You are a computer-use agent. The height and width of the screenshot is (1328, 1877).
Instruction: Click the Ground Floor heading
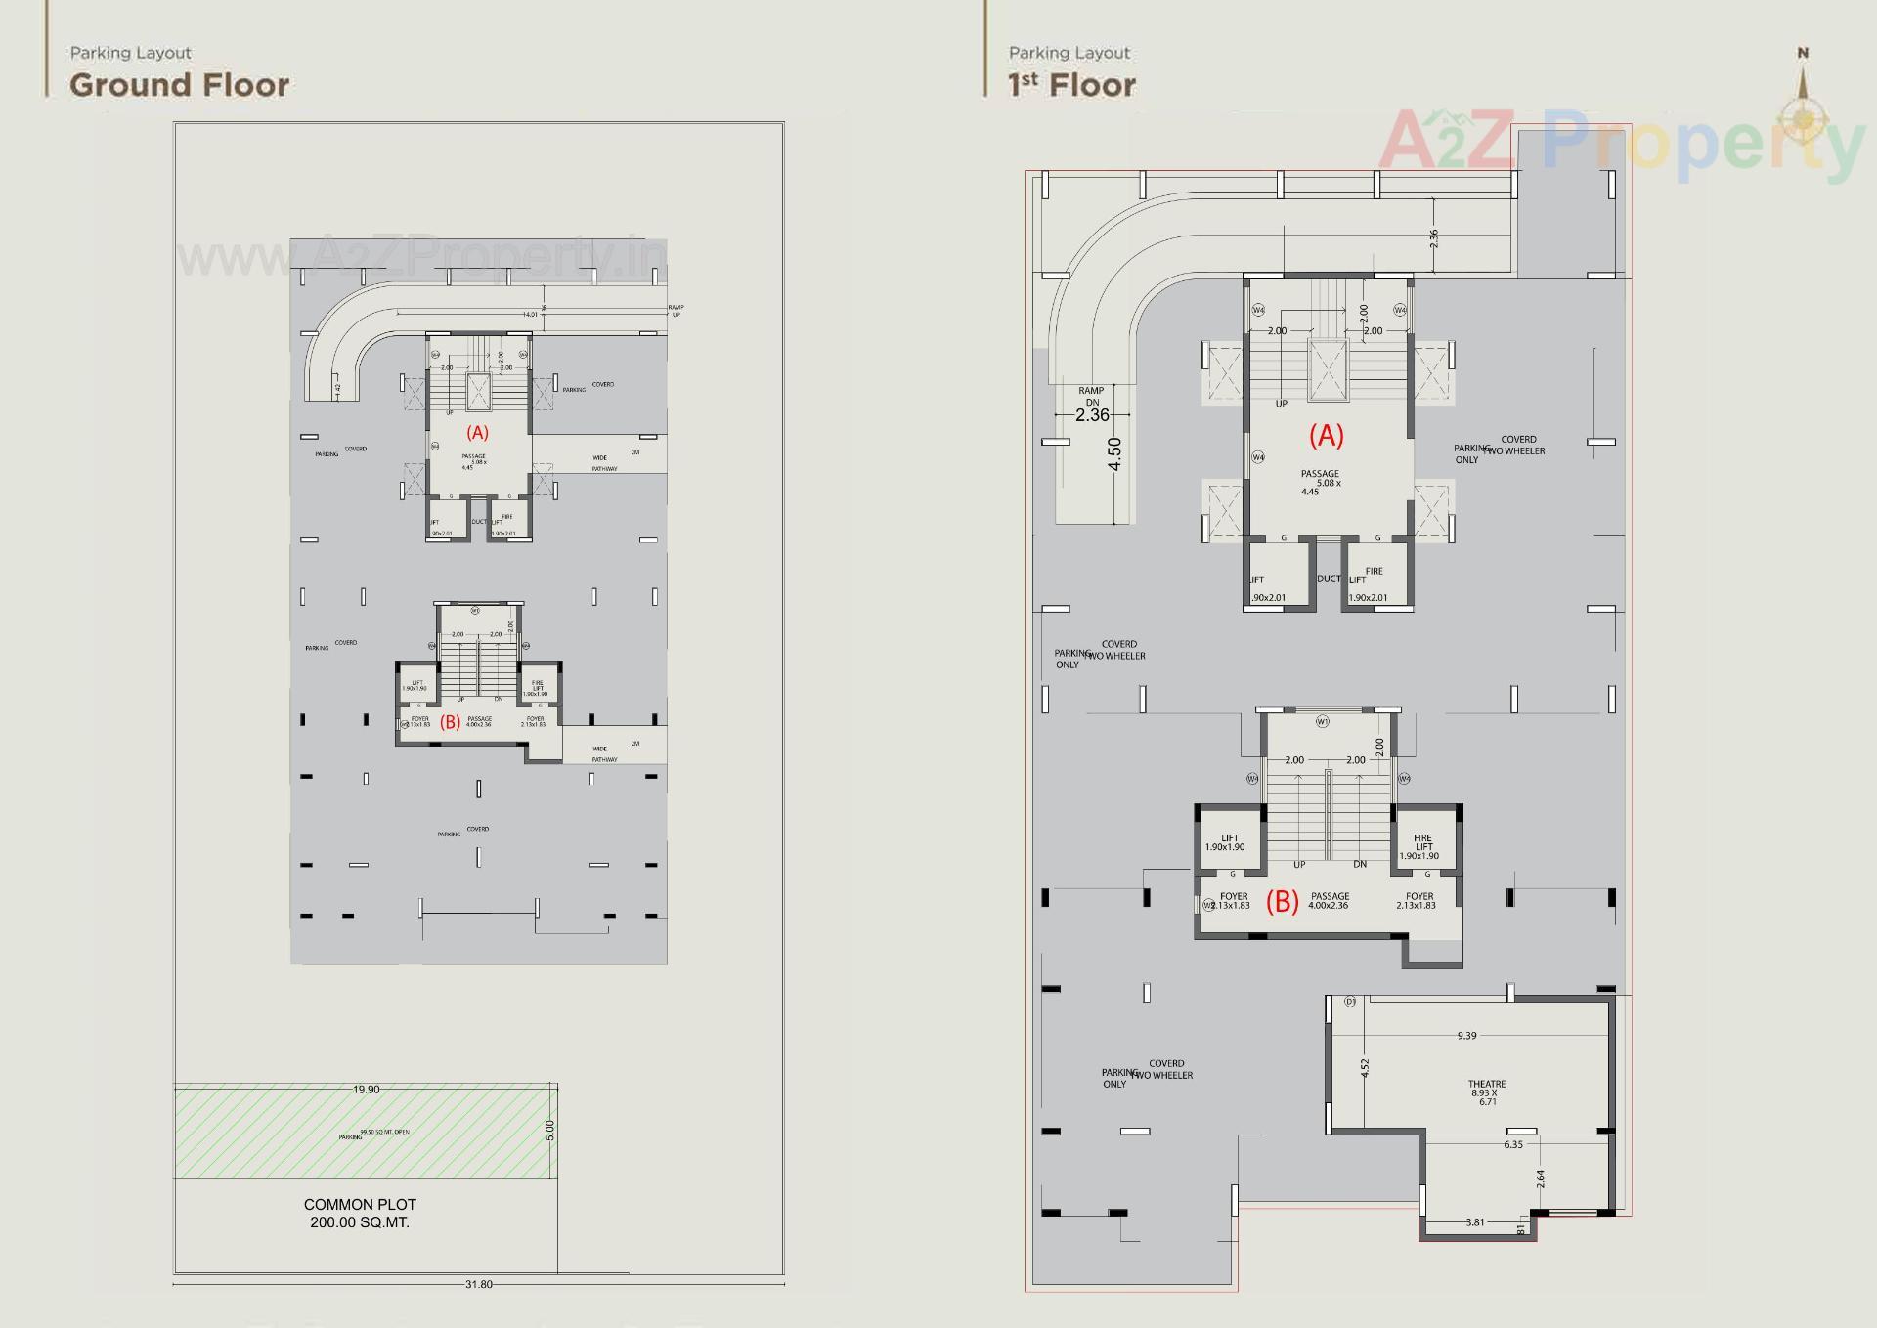pyautogui.click(x=179, y=85)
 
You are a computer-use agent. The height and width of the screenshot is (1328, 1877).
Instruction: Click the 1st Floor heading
pyautogui.click(x=1071, y=85)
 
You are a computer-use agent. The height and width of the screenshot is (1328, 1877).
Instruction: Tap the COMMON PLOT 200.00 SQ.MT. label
pyautogui.click(x=360, y=1213)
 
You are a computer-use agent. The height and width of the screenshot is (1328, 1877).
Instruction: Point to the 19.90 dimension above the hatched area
pyautogui.click(x=367, y=1090)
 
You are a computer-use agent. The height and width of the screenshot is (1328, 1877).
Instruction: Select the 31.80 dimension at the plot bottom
pyautogui.click(x=479, y=1284)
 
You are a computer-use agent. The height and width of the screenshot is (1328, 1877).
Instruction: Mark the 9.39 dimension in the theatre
pyautogui.click(x=1466, y=1036)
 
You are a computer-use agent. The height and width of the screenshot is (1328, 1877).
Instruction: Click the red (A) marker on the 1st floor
pyautogui.click(x=1327, y=436)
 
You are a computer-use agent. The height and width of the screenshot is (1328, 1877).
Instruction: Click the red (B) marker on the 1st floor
pyautogui.click(x=1283, y=901)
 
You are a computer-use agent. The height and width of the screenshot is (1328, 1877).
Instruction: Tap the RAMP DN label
pyautogui.click(x=1091, y=396)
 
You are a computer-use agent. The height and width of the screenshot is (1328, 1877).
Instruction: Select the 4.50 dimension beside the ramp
pyautogui.click(x=1114, y=453)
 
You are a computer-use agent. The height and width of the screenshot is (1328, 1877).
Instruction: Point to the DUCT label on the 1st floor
pyautogui.click(x=1329, y=578)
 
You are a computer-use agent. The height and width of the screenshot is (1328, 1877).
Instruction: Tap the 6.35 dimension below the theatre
pyautogui.click(x=1513, y=1144)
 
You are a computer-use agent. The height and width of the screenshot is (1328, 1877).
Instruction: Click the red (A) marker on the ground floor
pyautogui.click(x=477, y=433)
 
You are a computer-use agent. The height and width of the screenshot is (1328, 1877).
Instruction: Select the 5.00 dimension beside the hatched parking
pyautogui.click(x=549, y=1131)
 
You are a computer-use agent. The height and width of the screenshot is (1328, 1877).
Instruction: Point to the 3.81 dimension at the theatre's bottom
pyautogui.click(x=1475, y=1222)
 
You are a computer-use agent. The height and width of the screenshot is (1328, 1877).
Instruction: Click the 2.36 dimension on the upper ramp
pyautogui.click(x=1434, y=237)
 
